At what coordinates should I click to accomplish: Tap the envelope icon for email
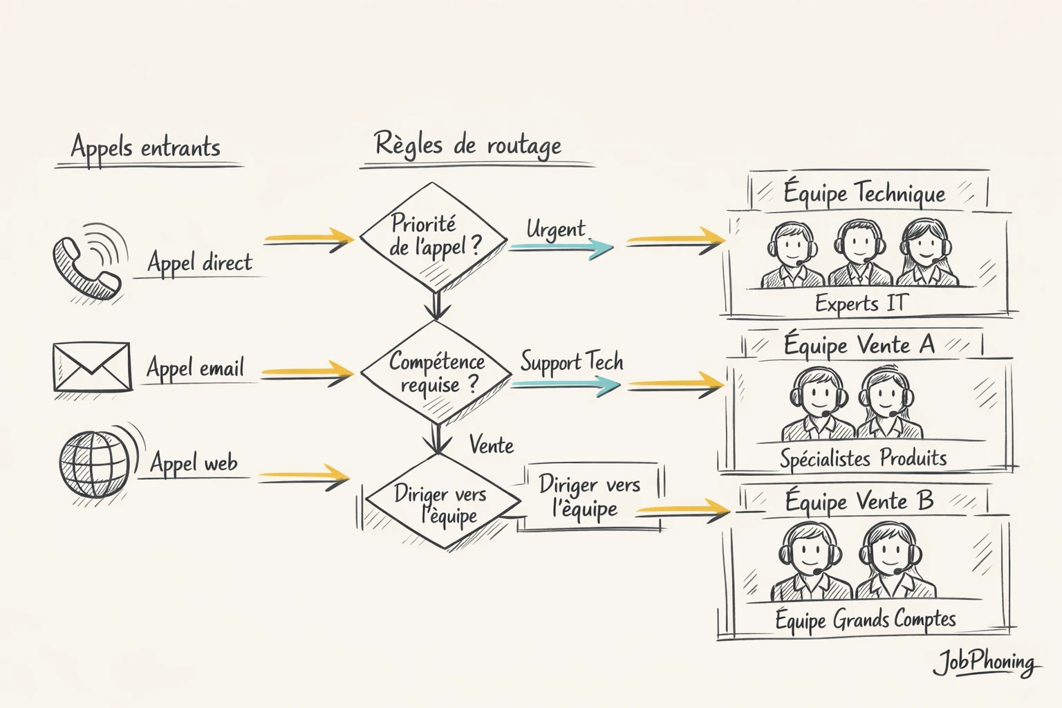(x=92, y=366)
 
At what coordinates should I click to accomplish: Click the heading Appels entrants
(x=146, y=147)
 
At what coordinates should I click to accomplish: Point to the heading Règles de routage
(x=467, y=145)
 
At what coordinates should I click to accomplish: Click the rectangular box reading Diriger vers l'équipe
(x=590, y=496)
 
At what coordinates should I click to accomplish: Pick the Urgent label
(x=555, y=229)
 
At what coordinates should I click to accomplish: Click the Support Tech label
(x=572, y=362)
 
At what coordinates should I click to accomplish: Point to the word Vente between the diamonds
(x=492, y=445)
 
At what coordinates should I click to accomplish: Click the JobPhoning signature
(x=985, y=663)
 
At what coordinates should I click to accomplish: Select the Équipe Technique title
(x=864, y=193)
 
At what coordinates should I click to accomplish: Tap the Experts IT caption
(x=860, y=303)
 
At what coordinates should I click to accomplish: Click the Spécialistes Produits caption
(x=863, y=458)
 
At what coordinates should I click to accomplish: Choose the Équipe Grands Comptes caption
(x=865, y=619)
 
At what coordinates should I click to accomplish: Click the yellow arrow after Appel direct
(x=309, y=239)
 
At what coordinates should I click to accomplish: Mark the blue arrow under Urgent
(x=561, y=248)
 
